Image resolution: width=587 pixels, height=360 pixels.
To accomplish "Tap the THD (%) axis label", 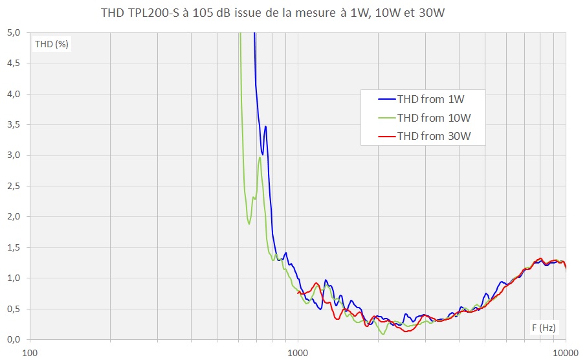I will (x=52, y=44).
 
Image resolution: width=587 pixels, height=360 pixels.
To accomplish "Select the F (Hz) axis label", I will (x=544, y=328).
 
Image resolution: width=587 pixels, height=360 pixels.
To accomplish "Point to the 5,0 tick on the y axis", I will (x=14, y=32).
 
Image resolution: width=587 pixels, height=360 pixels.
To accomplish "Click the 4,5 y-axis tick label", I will (x=14, y=63).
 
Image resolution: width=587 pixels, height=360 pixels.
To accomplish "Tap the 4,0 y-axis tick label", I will (x=14, y=94).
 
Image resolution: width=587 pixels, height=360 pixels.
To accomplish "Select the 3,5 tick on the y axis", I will (x=14, y=124).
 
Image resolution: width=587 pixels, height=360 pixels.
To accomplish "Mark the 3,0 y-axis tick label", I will (x=14, y=155).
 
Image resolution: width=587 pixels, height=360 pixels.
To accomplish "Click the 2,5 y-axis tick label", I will (x=14, y=186).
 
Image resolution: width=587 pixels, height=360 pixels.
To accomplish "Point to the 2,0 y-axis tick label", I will (x=14, y=216).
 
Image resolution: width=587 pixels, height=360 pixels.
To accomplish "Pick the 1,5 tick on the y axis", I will (x=14, y=247).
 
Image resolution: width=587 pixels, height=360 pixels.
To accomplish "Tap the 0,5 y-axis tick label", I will (x=14, y=309).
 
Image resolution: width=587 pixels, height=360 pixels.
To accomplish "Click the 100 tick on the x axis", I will (x=30, y=353).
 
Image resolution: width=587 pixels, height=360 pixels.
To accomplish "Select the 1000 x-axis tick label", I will (x=298, y=353).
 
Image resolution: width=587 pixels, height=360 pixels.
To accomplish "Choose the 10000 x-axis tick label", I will (x=566, y=353).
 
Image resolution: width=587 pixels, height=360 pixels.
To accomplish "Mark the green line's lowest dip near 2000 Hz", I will (x=384, y=333).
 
